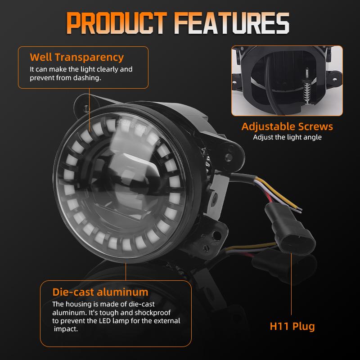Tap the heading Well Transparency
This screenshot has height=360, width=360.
tap(76, 57)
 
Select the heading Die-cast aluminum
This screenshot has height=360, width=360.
tap(100, 292)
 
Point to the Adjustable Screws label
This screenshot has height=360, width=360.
tap(287, 126)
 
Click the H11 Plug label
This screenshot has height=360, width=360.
tap(292, 326)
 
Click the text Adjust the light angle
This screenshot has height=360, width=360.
tap(287, 137)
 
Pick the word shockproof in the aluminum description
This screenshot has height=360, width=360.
tap(154, 312)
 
